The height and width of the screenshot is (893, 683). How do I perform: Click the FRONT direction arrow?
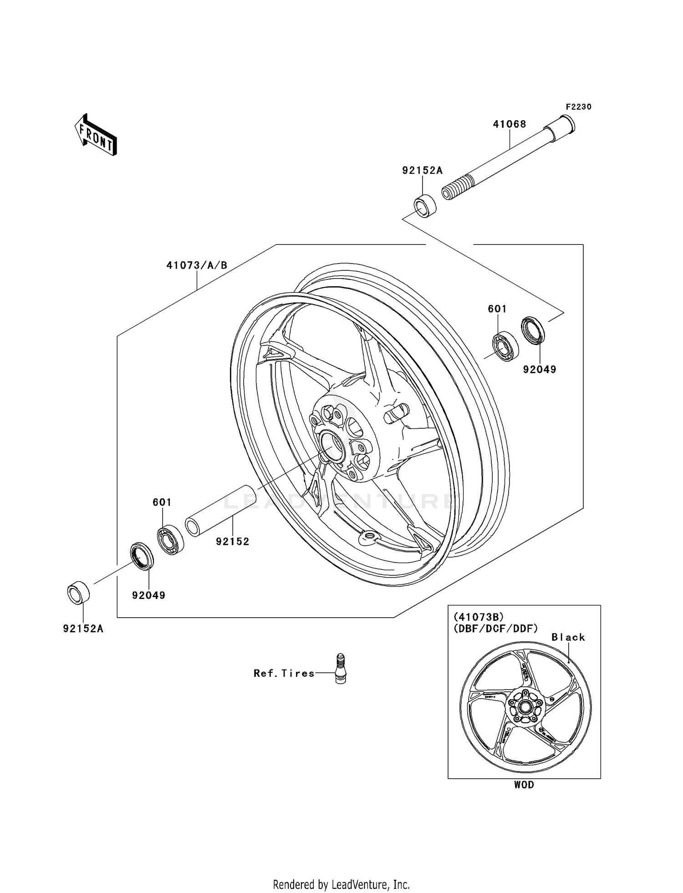pyautogui.click(x=96, y=135)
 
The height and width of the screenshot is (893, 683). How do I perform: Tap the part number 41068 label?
pyautogui.click(x=510, y=124)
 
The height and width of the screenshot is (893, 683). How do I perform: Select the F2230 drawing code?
pyautogui.click(x=578, y=107)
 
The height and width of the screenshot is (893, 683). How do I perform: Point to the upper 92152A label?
pyautogui.click(x=422, y=170)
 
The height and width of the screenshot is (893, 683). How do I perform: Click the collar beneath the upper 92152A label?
pyautogui.click(x=425, y=206)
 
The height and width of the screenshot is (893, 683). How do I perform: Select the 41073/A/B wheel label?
pyautogui.click(x=196, y=265)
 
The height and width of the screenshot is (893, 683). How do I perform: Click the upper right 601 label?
pyautogui.click(x=497, y=309)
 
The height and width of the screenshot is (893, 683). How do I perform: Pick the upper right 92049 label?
pyautogui.click(x=540, y=369)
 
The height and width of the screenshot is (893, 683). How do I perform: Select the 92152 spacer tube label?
pyautogui.click(x=233, y=541)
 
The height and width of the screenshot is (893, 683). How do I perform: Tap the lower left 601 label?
pyautogui.click(x=162, y=502)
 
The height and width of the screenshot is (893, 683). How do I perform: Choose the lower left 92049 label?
pyautogui.click(x=148, y=595)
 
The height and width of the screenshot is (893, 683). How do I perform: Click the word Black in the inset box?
pyautogui.click(x=568, y=637)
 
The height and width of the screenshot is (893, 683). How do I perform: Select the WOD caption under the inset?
pyautogui.click(x=524, y=785)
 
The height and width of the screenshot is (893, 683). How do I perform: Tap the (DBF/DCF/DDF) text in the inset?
pyautogui.click(x=496, y=628)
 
